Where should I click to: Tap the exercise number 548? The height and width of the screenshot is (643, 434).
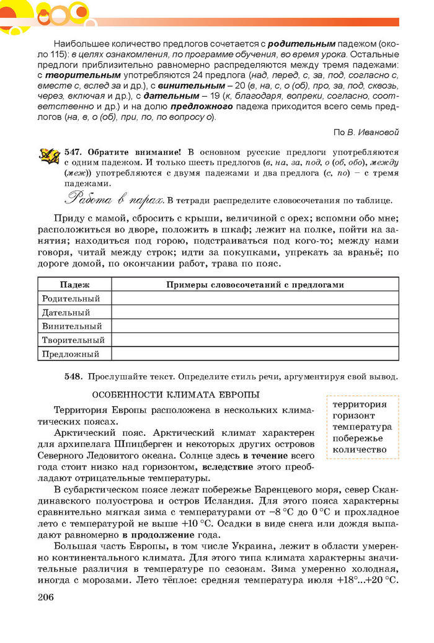pyautogui.click(x=74, y=376)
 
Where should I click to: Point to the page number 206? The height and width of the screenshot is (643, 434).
pyautogui.click(x=45, y=597)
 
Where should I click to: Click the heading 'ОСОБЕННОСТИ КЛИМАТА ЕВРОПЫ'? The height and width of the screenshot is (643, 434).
pyautogui.click(x=175, y=395)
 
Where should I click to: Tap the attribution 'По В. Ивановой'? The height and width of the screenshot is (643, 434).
pyautogui.click(x=366, y=131)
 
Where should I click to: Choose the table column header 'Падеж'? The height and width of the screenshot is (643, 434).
pyautogui.click(x=74, y=285)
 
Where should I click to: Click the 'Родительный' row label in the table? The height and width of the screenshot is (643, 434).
pyautogui.click(x=71, y=298)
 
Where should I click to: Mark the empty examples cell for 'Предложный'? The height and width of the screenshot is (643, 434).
pyautogui.click(x=255, y=354)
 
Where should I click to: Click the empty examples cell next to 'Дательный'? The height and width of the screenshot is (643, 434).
pyautogui.click(x=255, y=313)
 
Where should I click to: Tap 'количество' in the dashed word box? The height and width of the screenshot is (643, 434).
pyautogui.click(x=359, y=450)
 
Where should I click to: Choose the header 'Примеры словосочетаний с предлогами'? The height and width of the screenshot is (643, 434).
pyautogui.click(x=255, y=285)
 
